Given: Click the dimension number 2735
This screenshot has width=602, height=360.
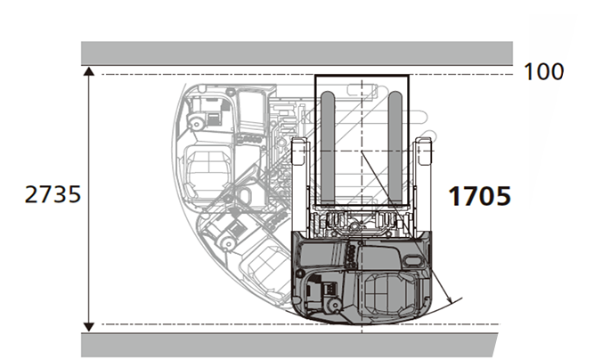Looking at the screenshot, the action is click(53, 194).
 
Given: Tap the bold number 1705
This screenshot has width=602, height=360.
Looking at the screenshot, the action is click(479, 196).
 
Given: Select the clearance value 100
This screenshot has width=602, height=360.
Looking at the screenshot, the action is click(543, 72).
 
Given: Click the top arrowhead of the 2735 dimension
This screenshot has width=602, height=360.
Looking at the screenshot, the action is click(89, 71).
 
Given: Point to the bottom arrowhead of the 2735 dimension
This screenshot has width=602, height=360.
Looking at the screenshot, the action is click(89, 327).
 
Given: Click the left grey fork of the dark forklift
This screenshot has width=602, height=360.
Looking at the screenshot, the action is click(328, 148).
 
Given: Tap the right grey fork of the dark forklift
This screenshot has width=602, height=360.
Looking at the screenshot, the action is click(395, 148).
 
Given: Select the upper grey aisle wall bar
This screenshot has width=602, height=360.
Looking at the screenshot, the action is click(297, 53).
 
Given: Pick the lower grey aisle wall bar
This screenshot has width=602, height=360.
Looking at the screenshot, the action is click(289, 345).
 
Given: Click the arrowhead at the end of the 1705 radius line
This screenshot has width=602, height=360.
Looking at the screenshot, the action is click(448, 297).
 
